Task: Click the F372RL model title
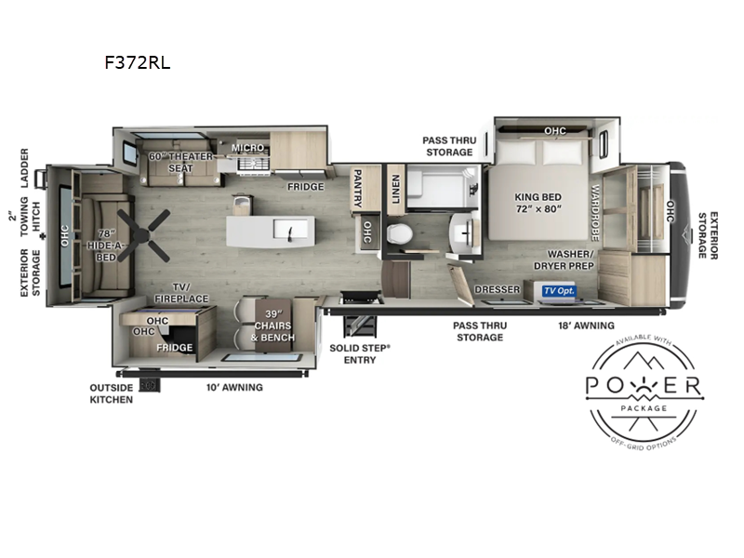[138, 62]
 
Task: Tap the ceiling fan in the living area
[143, 235]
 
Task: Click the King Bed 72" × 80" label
[538, 203]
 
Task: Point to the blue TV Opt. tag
[559, 290]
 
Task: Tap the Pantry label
[358, 189]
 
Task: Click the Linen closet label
[396, 189]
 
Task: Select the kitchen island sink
[289, 230]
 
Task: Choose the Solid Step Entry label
[360, 354]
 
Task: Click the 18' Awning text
[586, 325]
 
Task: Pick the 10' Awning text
[234, 387]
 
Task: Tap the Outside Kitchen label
[112, 393]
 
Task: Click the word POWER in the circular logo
[644, 385]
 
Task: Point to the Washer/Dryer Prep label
[565, 260]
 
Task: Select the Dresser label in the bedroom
[498, 289]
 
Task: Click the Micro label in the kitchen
[247, 148]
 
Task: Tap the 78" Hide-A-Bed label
[106, 246]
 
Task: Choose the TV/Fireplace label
[181, 293]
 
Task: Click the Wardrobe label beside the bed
[595, 212]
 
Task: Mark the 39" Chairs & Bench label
[272, 325]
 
